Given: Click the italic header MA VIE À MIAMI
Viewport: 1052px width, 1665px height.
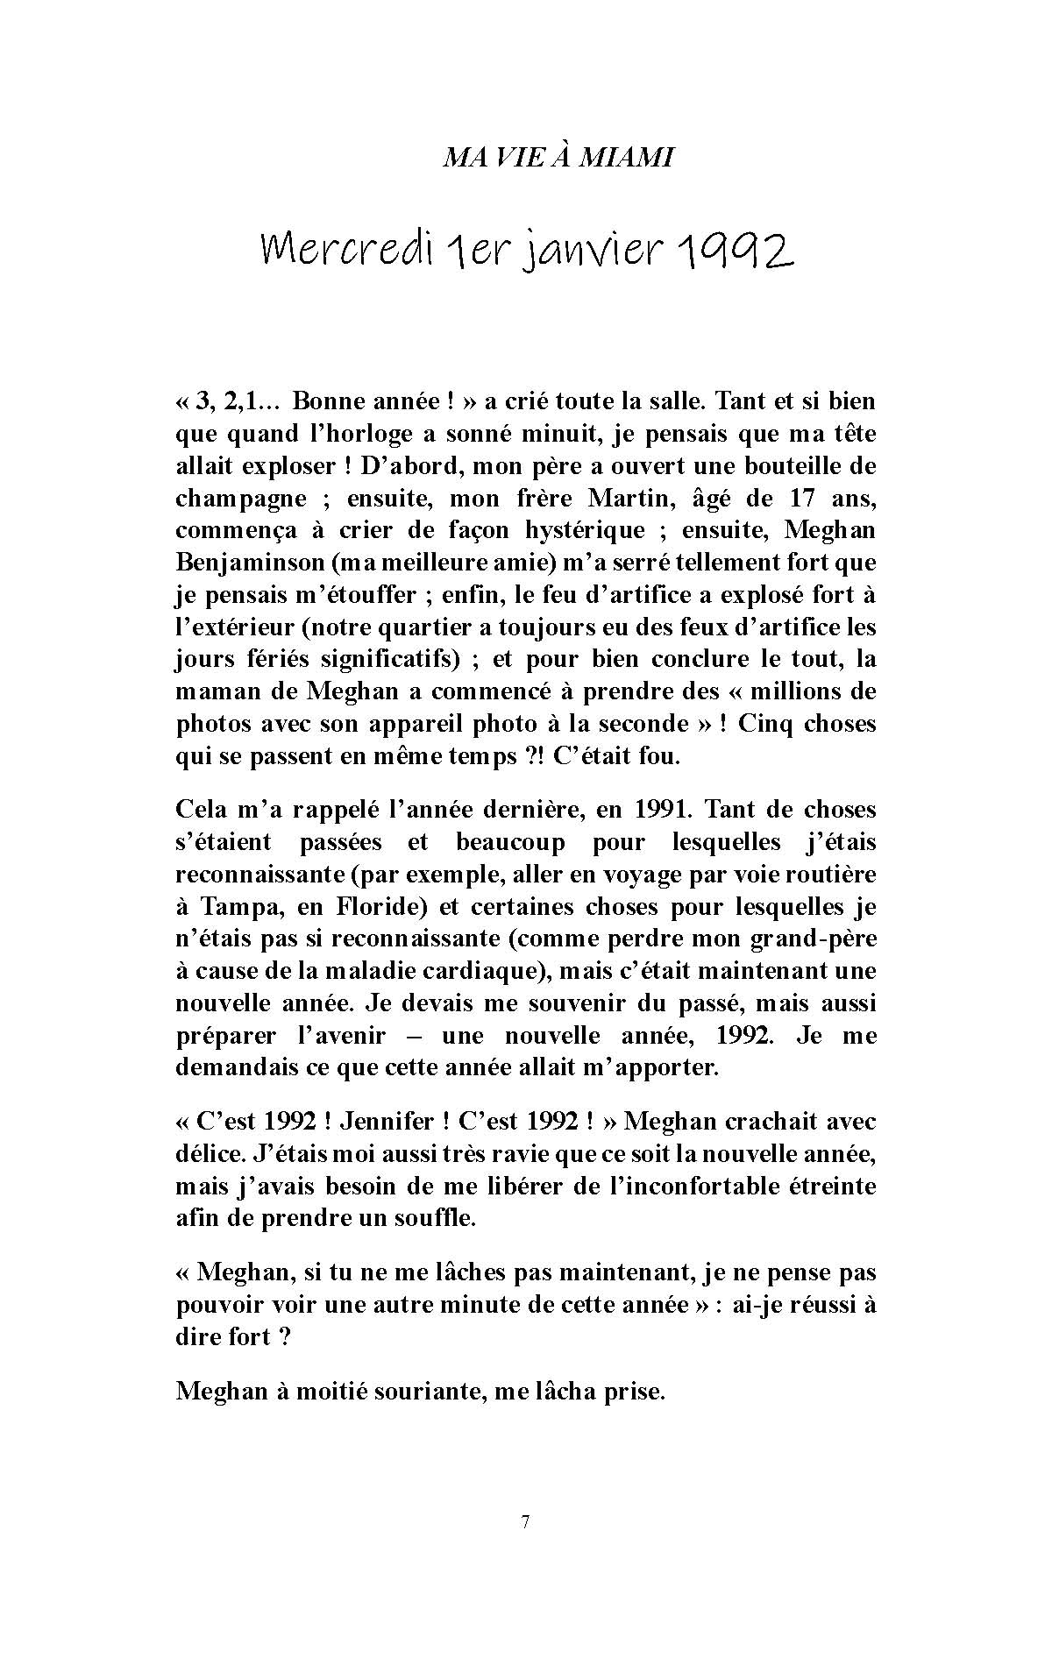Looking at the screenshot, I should (558, 158).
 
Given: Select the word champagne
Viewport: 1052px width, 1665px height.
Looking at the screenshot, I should (241, 499).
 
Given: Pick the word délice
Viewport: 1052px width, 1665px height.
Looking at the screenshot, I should (207, 1154).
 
